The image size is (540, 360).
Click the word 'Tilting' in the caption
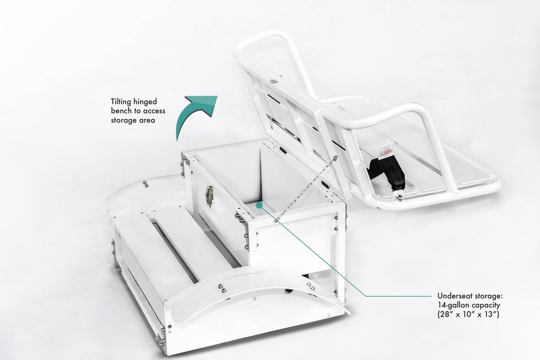pyautogui.click(x=121, y=102)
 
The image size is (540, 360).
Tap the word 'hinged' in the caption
pyautogui.click(x=145, y=102)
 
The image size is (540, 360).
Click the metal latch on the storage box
pyautogui.click(x=209, y=195)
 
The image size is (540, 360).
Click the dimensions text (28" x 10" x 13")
pyautogui.click(x=468, y=314)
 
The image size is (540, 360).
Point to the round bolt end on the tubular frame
pyautogui.click(x=400, y=197)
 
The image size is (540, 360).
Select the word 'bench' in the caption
pyautogui.click(x=121, y=111)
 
